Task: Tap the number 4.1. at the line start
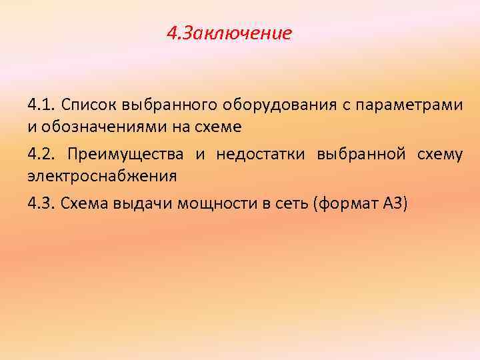(x=41, y=105)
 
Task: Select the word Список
(x=87, y=105)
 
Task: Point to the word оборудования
(x=269, y=105)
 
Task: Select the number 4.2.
(x=41, y=155)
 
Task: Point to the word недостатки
(x=257, y=155)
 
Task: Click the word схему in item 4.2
(x=439, y=155)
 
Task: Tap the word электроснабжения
(x=102, y=176)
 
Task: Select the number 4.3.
(x=41, y=205)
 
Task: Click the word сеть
(x=289, y=205)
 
